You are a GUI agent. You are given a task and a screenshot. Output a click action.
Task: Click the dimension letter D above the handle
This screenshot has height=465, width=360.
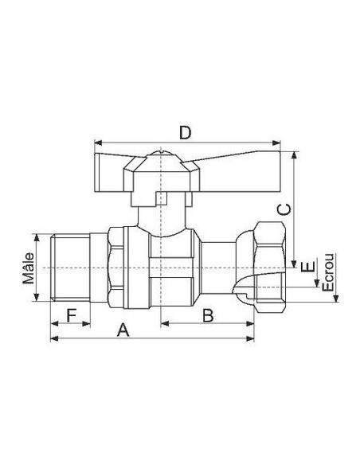click(x=184, y=132)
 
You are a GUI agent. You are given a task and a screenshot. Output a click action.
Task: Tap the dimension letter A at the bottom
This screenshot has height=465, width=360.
click(x=123, y=329)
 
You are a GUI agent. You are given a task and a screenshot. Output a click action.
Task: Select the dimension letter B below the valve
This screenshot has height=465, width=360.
click(x=206, y=315)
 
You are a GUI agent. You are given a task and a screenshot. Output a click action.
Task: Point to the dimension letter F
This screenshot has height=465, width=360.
click(x=71, y=315)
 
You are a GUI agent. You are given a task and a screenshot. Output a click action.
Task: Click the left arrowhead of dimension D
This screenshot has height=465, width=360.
click(x=96, y=143)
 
